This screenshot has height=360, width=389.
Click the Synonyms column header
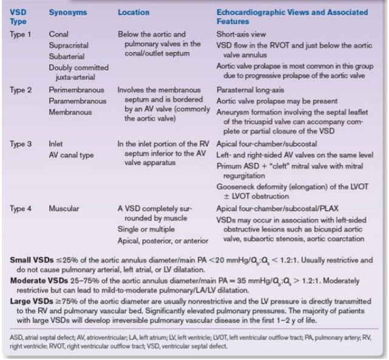click(x=69, y=12)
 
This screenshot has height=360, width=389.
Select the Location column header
click(x=135, y=12)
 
